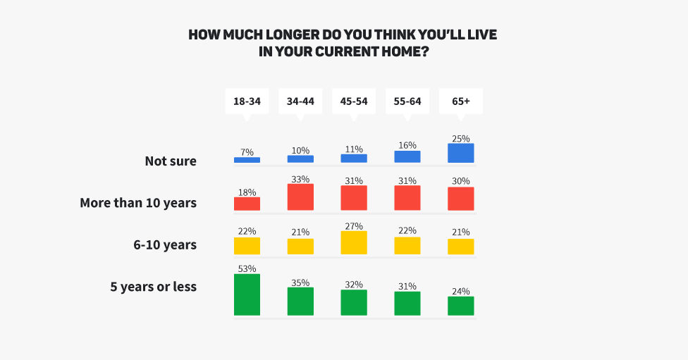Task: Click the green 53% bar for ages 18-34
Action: (x=247, y=294)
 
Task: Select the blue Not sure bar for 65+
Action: (x=460, y=153)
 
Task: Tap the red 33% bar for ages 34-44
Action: (x=300, y=197)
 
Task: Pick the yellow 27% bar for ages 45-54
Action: (x=354, y=242)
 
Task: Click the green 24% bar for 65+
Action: (x=460, y=306)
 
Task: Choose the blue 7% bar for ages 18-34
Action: (x=247, y=160)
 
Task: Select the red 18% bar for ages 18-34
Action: (x=247, y=204)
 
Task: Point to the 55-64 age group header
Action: (x=407, y=101)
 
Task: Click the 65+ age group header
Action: (x=460, y=101)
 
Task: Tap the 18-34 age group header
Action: (x=247, y=101)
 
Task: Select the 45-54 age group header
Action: (x=354, y=101)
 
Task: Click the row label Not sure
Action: (x=171, y=161)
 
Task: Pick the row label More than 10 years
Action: (x=138, y=204)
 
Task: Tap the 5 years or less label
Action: (x=153, y=287)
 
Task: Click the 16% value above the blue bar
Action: (x=407, y=145)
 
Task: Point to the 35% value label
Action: (x=300, y=282)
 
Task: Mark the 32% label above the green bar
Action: (x=354, y=285)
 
